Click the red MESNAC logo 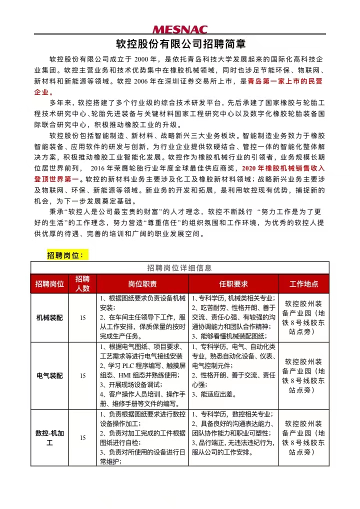[x=179, y=29]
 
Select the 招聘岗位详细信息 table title [x=179, y=267]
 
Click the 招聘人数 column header [x=82, y=283]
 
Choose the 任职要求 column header [x=233, y=284]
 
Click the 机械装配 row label [x=50, y=317]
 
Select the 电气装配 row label [x=50, y=375]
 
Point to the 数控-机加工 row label [x=50, y=437]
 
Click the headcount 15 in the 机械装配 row [x=83, y=318]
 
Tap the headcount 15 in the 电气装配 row [x=83, y=376]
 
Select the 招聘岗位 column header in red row [x=50, y=284]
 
